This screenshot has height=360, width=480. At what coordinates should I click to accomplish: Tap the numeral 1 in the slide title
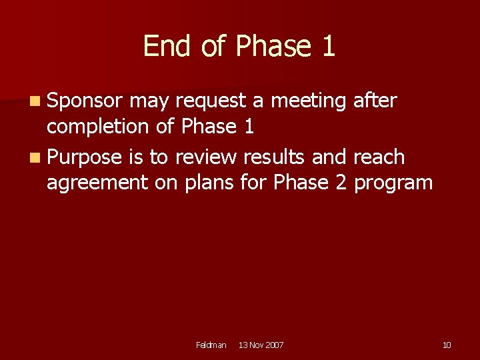(x=327, y=47)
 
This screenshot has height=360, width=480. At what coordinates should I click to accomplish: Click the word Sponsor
(x=85, y=101)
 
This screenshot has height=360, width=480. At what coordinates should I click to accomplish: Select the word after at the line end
(x=375, y=101)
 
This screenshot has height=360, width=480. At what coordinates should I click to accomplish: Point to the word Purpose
(x=85, y=158)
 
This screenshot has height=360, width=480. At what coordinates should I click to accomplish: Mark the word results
(x=275, y=157)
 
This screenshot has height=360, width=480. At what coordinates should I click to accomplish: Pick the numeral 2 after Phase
(x=341, y=182)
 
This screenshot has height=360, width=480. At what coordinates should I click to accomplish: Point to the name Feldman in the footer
(x=211, y=345)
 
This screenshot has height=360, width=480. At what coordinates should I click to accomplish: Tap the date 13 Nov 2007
(x=261, y=345)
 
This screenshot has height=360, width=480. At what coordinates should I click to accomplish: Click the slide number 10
(x=446, y=345)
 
